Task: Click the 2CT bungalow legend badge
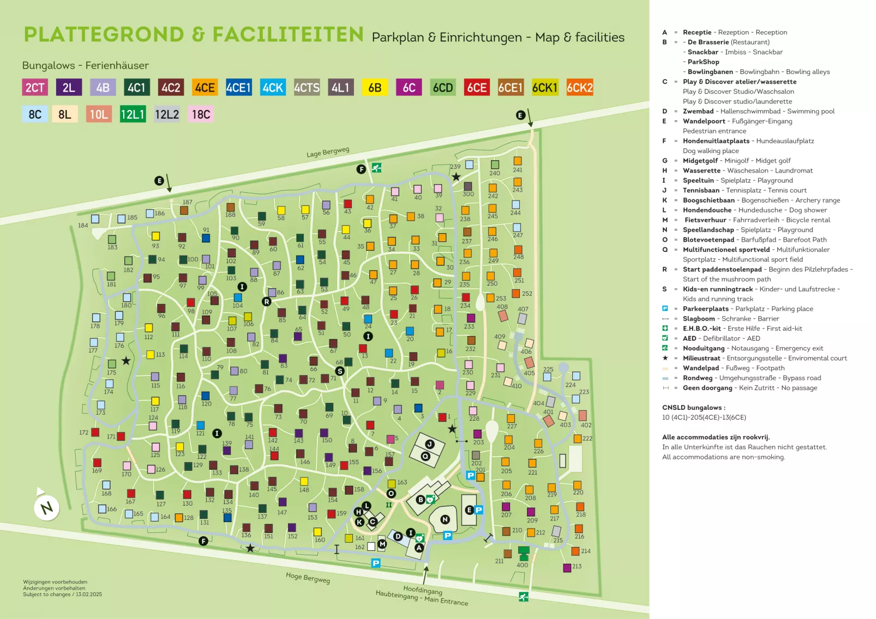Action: [35, 88]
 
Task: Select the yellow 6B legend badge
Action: [375, 88]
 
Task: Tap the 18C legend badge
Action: [201, 114]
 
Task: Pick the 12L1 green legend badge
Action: [133, 114]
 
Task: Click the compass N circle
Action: [46, 508]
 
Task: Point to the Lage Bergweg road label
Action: [327, 152]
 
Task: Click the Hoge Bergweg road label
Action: [308, 578]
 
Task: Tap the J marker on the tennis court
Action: [430, 444]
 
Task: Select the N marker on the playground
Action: [445, 519]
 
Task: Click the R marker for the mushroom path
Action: [267, 301]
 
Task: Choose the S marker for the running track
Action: [340, 371]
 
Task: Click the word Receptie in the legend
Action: [697, 32]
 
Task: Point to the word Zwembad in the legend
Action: [698, 111]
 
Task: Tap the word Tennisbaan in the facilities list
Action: [701, 190]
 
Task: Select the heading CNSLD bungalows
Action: [693, 408]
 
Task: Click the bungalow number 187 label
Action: [187, 202]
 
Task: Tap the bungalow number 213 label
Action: [577, 567]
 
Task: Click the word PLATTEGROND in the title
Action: [104, 34]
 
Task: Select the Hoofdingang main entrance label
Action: [423, 590]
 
